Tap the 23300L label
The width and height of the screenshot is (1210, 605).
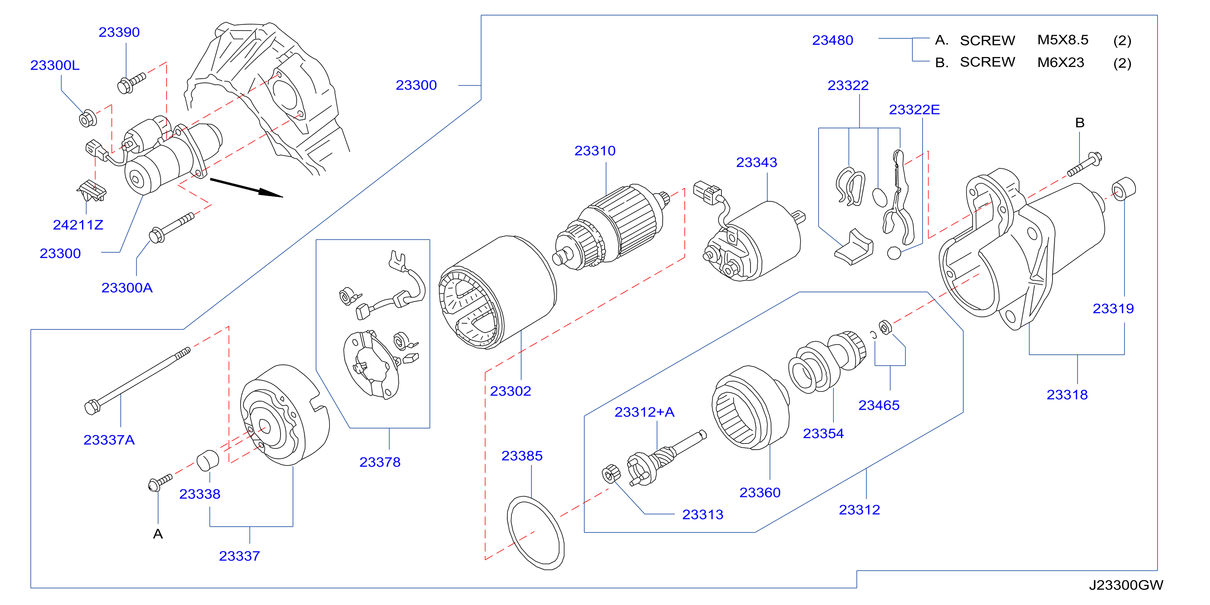[x=55, y=65]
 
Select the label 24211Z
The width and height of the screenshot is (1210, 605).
[x=78, y=225]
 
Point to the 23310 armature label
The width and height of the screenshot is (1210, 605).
[x=595, y=151]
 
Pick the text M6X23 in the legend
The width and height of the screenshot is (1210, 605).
[x=1061, y=62]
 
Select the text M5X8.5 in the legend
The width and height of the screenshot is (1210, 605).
[x=1062, y=40]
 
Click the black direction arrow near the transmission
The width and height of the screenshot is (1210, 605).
[x=246, y=188]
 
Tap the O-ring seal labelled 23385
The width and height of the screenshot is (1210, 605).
[x=535, y=533]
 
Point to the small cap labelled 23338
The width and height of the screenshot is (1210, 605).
[x=207, y=460]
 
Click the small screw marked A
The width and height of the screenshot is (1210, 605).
[x=160, y=482]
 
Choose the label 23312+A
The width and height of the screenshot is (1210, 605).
[x=644, y=413]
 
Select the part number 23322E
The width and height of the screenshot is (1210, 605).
[x=914, y=110]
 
